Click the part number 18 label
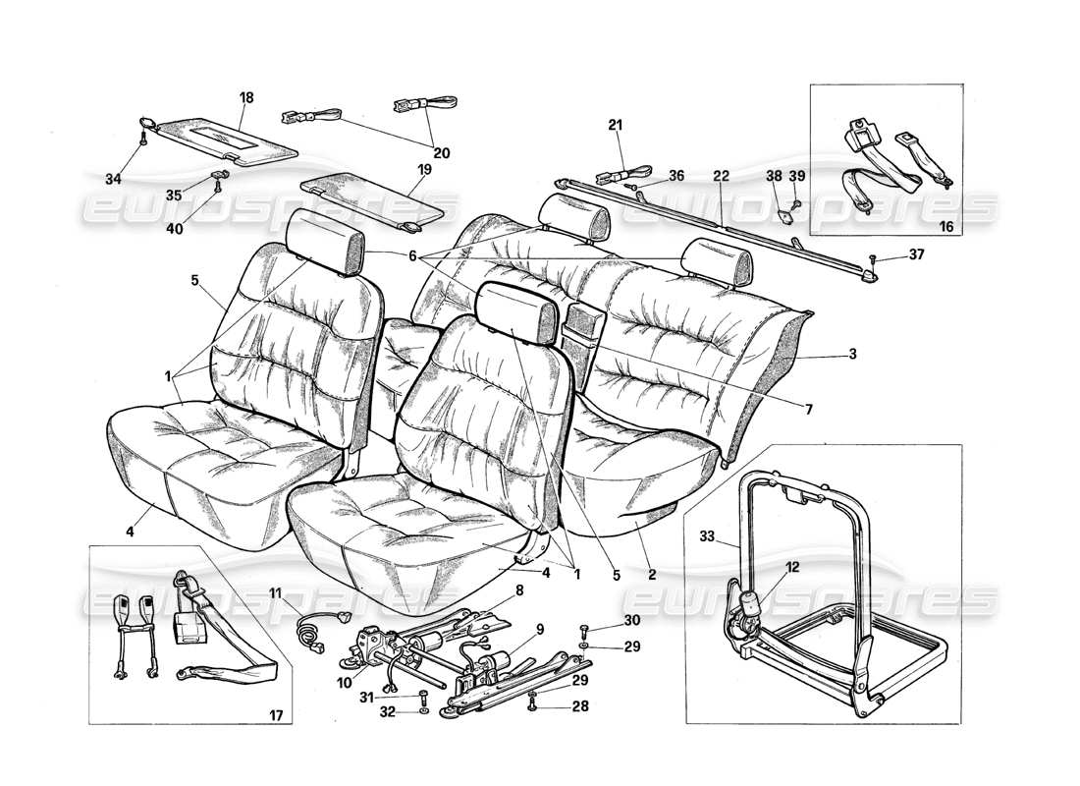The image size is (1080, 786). (x=245, y=97)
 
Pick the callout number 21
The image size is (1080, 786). (x=616, y=125)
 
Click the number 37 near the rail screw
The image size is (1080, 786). (x=916, y=255)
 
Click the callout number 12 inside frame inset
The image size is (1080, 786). (x=792, y=566)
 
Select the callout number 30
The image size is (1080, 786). (x=631, y=620)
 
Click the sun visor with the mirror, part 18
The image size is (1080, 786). (x=226, y=137)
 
